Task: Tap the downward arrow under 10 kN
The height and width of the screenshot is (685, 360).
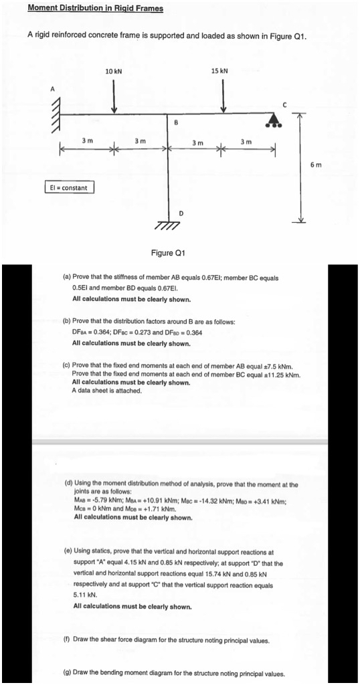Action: point(114,97)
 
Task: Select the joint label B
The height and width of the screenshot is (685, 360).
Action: point(175,122)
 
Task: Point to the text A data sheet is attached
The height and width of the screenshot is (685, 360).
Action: point(106,390)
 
